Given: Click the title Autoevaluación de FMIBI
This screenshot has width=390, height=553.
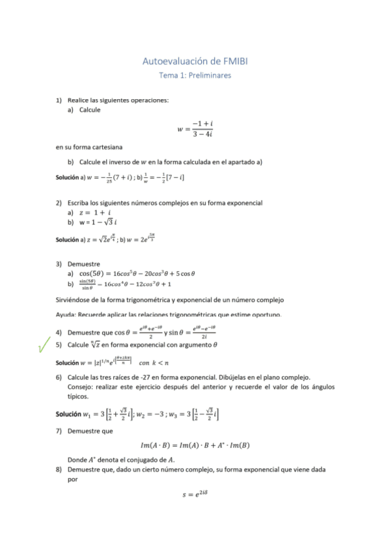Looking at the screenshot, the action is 195,61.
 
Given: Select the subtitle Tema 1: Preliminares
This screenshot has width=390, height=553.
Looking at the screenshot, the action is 195,75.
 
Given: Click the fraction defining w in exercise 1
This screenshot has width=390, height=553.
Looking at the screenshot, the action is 202,128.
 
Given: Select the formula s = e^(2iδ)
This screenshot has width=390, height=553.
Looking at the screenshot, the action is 195,494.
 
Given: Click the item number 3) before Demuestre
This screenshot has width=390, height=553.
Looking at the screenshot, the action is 59,263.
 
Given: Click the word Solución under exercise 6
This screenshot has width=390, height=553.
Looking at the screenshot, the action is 68,414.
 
